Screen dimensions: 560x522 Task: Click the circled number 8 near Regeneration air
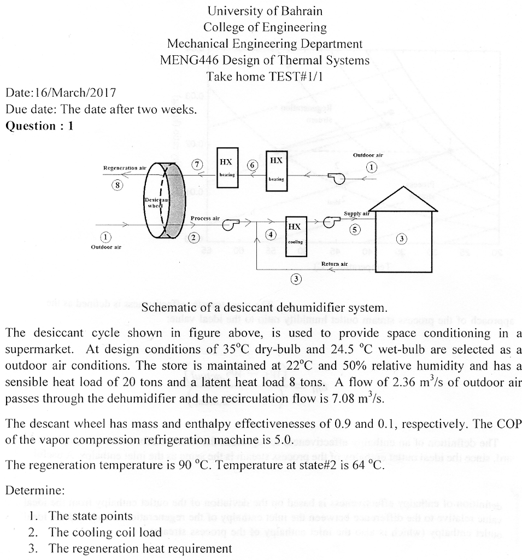point(116,184)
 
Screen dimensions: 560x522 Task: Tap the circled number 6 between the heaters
point(251,165)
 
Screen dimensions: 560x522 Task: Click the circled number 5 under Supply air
point(356,230)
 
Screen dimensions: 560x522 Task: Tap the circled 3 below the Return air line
point(296,279)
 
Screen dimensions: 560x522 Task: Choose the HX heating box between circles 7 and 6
point(227,167)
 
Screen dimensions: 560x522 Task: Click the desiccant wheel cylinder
point(163,200)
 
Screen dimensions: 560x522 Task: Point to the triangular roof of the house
point(404,200)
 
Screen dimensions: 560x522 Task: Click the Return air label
point(335,264)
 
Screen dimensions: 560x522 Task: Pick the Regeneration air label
point(125,167)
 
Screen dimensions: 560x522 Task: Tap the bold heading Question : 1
point(39,126)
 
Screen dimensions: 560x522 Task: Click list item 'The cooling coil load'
point(105,532)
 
